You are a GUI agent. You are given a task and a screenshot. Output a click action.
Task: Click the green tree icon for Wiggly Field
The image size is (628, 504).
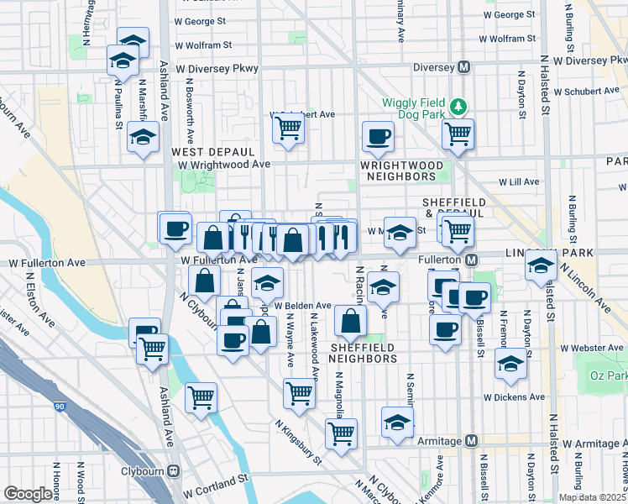tap(458, 106)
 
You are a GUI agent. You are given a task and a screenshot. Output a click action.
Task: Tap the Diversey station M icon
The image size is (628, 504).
tap(463, 68)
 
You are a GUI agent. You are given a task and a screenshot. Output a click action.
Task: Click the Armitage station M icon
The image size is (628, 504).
tap(472, 441)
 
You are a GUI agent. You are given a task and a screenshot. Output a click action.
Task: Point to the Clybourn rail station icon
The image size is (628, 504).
tap(174, 470)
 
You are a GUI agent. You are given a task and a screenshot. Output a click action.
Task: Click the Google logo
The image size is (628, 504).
tap(28, 494)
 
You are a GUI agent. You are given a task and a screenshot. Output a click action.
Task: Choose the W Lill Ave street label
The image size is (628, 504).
tap(519, 181)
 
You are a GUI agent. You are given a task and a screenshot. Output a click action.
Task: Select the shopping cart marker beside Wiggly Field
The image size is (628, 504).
tap(458, 134)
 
